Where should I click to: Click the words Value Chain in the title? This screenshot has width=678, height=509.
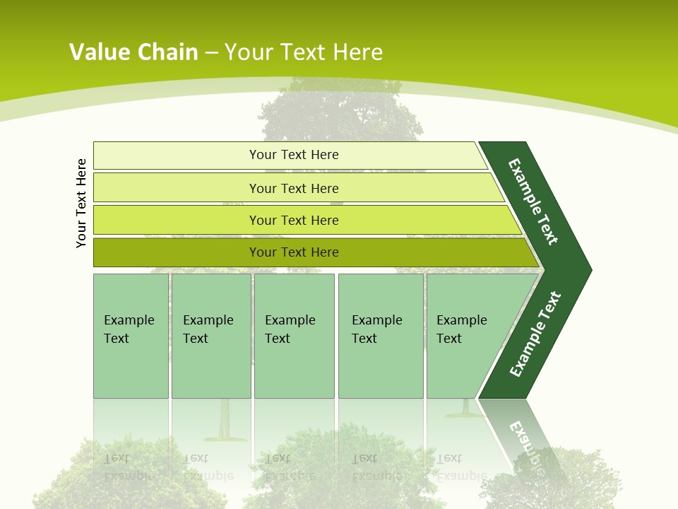coord(133,52)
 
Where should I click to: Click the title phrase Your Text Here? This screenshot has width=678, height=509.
coord(304,52)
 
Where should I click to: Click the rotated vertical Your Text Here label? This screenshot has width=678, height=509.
coord(82,203)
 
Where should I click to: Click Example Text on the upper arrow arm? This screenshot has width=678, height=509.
coord(533,201)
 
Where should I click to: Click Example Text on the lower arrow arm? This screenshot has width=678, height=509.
coord(535,334)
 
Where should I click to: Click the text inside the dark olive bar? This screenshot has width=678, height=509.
coord(294,252)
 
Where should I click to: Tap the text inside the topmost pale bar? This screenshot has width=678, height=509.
coord(294,155)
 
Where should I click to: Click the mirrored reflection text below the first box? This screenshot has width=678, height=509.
coord(129,467)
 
